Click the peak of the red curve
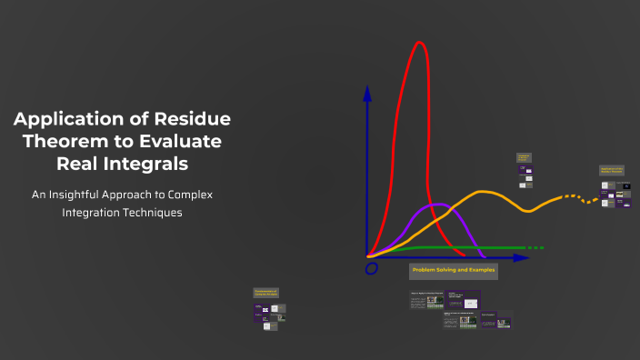coord(420,43)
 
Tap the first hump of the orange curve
coord(484,192)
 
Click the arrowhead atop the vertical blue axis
coord(367,92)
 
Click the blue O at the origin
coord(371,269)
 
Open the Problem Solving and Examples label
coord(453,271)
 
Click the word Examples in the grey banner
coord(479,271)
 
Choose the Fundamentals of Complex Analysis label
coord(265,293)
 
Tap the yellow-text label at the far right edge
coord(612,170)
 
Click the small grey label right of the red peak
coord(524,157)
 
